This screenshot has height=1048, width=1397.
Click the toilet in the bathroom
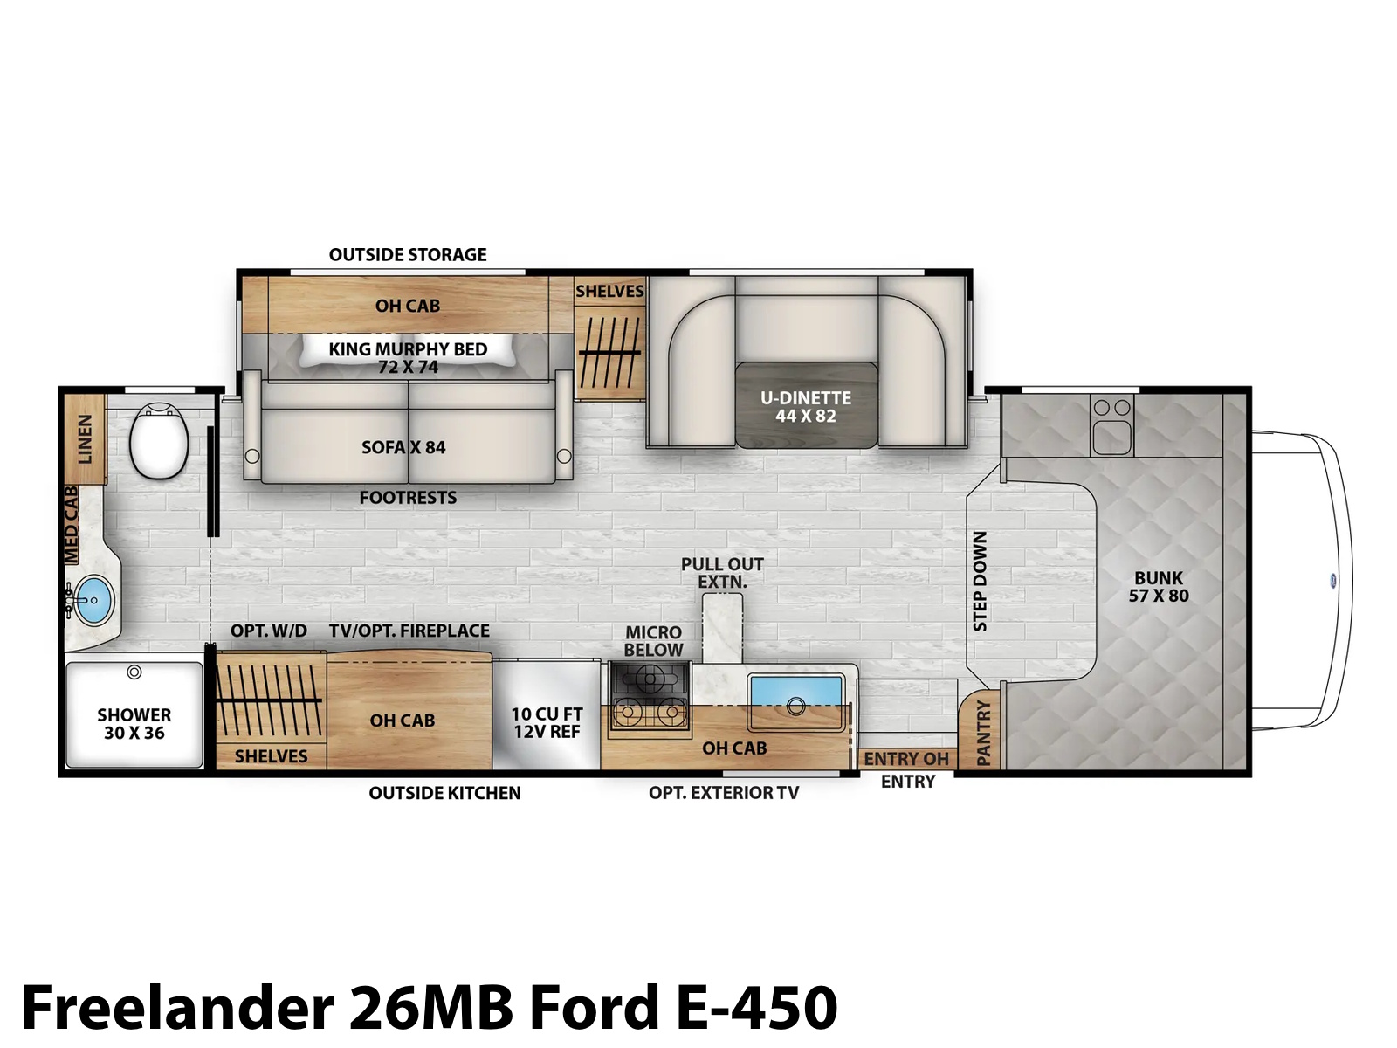pyautogui.click(x=159, y=440)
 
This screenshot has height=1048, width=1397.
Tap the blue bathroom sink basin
pyautogui.click(x=93, y=599)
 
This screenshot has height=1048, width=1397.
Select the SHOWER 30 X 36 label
pyautogui.click(x=134, y=723)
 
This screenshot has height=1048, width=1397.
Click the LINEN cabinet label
pyautogui.click(x=85, y=439)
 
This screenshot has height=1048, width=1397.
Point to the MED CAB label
pyautogui.click(x=71, y=525)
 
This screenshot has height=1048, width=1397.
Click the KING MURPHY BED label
pyautogui.click(x=408, y=348)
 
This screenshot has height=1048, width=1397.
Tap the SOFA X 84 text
pyautogui.click(x=403, y=447)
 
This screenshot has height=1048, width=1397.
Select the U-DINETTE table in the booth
pyautogui.click(x=807, y=404)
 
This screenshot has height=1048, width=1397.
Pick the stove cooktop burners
pyautogui.click(x=650, y=698)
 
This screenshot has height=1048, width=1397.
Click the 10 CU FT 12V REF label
pyautogui.click(x=547, y=723)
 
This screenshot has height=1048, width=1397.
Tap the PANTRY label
pyautogui.click(x=983, y=733)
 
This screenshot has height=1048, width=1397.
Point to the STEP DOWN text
pyautogui.click(x=981, y=581)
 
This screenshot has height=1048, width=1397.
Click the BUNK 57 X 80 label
pyautogui.click(x=1159, y=587)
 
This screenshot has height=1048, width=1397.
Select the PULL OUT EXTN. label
pyautogui.click(x=722, y=573)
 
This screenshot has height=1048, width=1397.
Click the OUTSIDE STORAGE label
pyautogui.click(x=408, y=254)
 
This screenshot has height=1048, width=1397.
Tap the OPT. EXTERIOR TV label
pyautogui.click(x=724, y=793)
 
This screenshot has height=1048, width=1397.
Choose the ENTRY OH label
pyautogui.click(x=905, y=759)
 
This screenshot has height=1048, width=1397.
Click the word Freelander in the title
pyautogui.click(x=178, y=1007)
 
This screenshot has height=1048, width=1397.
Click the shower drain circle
pyautogui.click(x=134, y=672)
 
